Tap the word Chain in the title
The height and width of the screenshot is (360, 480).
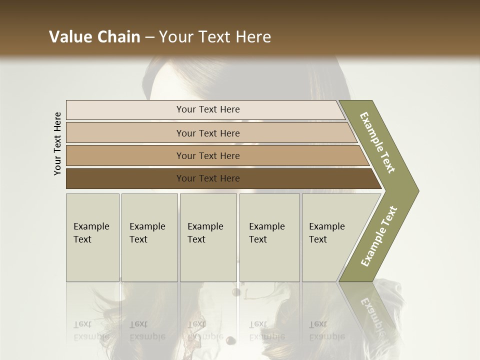(x=118, y=37)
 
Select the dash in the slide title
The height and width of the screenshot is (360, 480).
(x=149, y=37)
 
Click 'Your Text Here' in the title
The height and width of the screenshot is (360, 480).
(x=215, y=37)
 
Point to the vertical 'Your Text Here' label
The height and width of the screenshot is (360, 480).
(x=57, y=144)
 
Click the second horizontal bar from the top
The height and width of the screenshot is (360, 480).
(x=208, y=133)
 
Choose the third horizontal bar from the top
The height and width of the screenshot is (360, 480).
(x=208, y=155)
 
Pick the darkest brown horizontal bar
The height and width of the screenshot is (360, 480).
(x=208, y=178)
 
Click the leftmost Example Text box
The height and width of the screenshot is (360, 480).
(x=92, y=237)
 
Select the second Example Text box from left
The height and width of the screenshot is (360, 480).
(x=149, y=237)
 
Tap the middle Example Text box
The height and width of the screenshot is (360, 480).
(x=208, y=237)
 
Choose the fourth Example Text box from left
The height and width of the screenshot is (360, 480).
(x=269, y=237)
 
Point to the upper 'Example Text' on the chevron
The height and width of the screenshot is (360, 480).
(x=377, y=142)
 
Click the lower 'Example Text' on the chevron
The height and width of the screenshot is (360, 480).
(x=379, y=236)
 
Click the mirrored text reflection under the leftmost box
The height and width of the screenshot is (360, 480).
(x=91, y=330)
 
